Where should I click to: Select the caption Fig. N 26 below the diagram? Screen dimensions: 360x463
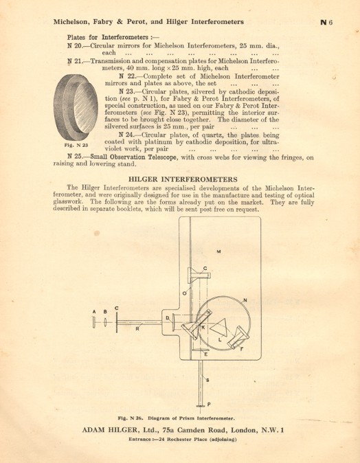coord(177,418)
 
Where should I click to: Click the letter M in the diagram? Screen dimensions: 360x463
coord(218,252)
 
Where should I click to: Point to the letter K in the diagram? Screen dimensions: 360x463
coord(203,327)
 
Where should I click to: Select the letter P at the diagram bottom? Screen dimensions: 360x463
coord(209,405)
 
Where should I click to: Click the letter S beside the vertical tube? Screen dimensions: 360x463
coord(207,379)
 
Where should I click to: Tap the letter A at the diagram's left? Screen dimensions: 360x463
coord(94,311)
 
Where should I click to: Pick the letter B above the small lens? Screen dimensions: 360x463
coord(104,311)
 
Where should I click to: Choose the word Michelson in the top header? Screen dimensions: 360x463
coord(76,22)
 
